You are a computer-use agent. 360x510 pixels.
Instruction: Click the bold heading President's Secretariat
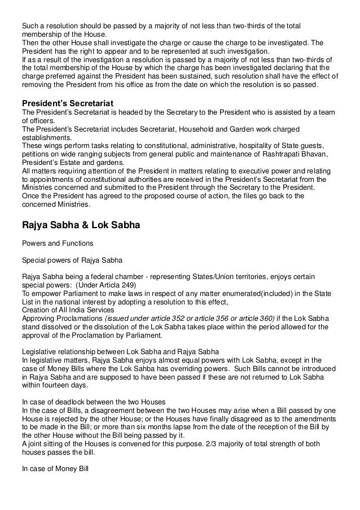[68, 103]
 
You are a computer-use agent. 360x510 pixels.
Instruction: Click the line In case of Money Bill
[51, 467]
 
